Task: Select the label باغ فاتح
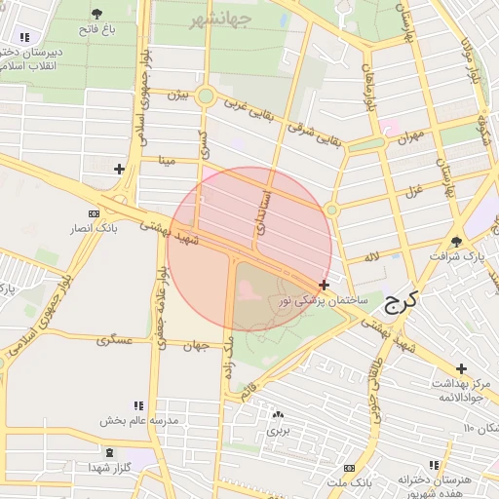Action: click(x=97, y=29)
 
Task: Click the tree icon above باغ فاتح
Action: click(x=97, y=14)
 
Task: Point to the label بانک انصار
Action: click(x=96, y=228)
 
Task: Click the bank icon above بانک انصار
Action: click(x=94, y=213)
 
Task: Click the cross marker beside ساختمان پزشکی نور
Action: click(x=324, y=285)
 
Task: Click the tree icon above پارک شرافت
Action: click(x=457, y=241)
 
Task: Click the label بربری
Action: click(x=280, y=429)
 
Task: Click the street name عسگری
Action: click(x=115, y=341)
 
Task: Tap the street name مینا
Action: click(x=168, y=159)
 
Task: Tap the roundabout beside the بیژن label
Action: click(x=205, y=96)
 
